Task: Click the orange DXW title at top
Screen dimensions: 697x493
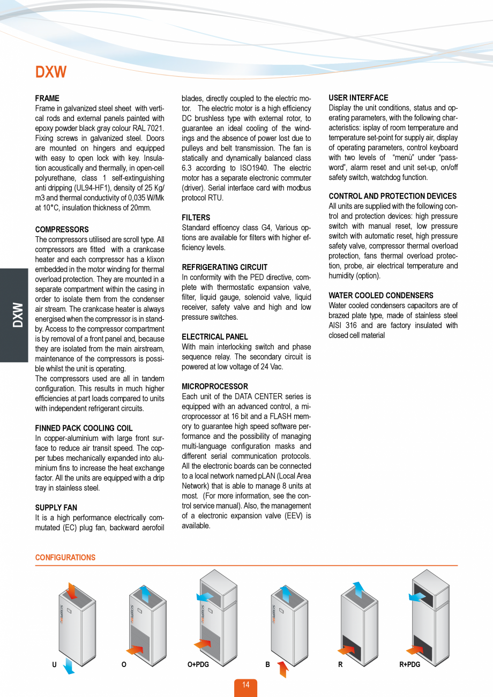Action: click(x=51, y=72)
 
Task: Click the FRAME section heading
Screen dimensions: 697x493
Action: click(x=47, y=99)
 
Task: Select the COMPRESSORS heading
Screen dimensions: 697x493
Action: click(x=62, y=229)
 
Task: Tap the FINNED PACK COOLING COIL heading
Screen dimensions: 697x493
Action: click(x=84, y=428)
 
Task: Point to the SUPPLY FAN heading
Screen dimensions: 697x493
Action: click(x=56, y=507)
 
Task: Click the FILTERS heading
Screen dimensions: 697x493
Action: click(x=196, y=218)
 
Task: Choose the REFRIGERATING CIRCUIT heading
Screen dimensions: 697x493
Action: click(x=225, y=267)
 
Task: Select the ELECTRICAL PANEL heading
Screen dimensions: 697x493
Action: click(x=215, y=336)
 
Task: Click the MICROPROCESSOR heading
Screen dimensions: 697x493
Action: click(x=215, y=386)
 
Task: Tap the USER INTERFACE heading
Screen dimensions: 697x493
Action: click(x=358, y=98)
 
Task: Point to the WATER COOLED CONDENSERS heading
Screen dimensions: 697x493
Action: click(x=381, y=295)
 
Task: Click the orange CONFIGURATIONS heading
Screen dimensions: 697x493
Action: click(x=65, y=558)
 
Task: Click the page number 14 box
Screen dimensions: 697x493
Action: click(x=245, y=685)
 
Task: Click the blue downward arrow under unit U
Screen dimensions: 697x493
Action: click(x=69, y=666)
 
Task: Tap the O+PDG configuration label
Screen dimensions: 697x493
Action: click(x=198, y=665)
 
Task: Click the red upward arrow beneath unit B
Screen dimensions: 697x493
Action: click(x=283, y=669)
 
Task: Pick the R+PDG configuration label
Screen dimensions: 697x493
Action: click(x=410, y=665)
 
